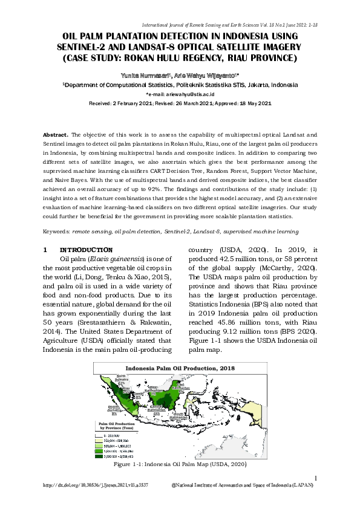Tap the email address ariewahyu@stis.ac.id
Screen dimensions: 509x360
[x=189, y=95]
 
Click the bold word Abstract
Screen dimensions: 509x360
[x=56, y=133]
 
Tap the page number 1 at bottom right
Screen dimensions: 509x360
[x=316, y=480]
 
